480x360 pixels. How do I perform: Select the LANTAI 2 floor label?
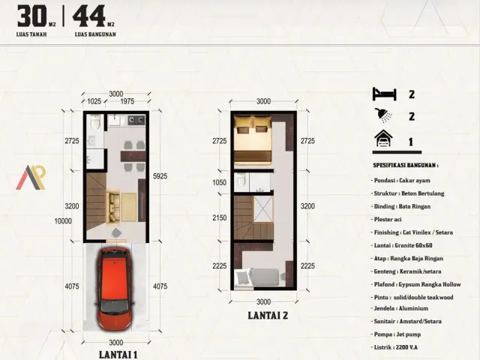[268, 316]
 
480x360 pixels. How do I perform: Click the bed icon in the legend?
[383, 94]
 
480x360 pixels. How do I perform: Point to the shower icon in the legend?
[383, 116]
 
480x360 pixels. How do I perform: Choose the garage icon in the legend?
[383, 139]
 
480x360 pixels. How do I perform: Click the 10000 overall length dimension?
[63, 220]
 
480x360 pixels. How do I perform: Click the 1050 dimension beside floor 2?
[218, 182]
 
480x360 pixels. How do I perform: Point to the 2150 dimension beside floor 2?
[218, 217]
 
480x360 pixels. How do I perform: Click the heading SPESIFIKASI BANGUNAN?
[406, 165]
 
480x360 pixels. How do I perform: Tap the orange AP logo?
[31, 177]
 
